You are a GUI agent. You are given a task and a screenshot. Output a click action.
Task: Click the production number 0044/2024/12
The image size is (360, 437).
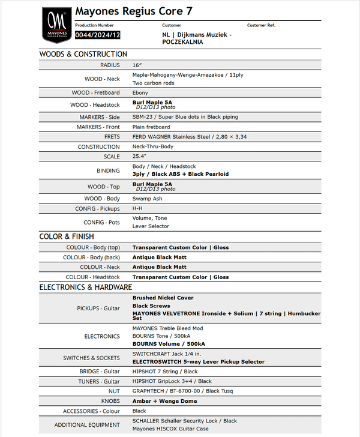pyautogui.click(x=97, y=35)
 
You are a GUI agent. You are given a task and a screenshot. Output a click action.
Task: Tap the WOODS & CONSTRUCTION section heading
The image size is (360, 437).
pyautogui.click(x=83, y=54)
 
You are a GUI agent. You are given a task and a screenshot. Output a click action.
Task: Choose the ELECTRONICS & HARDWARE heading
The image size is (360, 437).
pyautogui.click(x=85, y=287)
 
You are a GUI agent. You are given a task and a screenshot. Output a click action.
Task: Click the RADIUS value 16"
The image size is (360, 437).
pyautogui.click(x=137, y=65)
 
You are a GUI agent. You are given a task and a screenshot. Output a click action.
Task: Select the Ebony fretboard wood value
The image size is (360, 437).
pyautogui.click(x=140, y=92)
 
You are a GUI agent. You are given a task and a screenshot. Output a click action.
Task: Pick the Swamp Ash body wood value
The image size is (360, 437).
pyautogui.click(x=148, y=198)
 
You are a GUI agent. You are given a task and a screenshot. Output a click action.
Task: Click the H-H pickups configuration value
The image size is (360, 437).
pyautogui.click(x=137, y=208)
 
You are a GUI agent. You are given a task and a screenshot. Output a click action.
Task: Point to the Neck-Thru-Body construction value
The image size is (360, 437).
pyautogui.click(x=152, y=146)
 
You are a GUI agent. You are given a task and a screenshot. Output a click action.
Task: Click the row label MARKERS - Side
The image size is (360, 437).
pyautogui.click(x=98, y=117)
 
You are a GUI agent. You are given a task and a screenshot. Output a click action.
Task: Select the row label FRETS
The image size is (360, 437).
pyautogui.click(x=112, y=137)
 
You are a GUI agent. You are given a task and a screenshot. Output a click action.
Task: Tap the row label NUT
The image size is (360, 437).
pyautogui.click(x=114, y=391)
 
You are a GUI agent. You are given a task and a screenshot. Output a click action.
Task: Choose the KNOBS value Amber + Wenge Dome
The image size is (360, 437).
pyautogui.click(x=164, y=401)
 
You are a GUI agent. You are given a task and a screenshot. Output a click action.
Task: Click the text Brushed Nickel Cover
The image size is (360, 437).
pyautogui.click(x=163, y=298)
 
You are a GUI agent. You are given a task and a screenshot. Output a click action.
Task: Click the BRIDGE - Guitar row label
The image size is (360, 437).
pyautogui.click(x=99, y=372)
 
